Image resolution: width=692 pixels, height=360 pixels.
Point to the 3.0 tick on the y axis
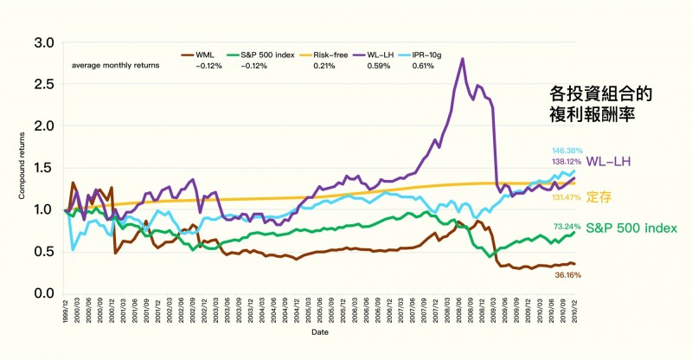pyautogui.click(x=45, y=42)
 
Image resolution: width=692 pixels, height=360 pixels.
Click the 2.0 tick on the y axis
pyautogui.click(x=45, y=126)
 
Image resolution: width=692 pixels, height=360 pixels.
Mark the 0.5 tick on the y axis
pyautogui.click(x=45, y=252)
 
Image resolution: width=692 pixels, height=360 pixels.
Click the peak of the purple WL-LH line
pyautogui.click(x=463, y=59)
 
